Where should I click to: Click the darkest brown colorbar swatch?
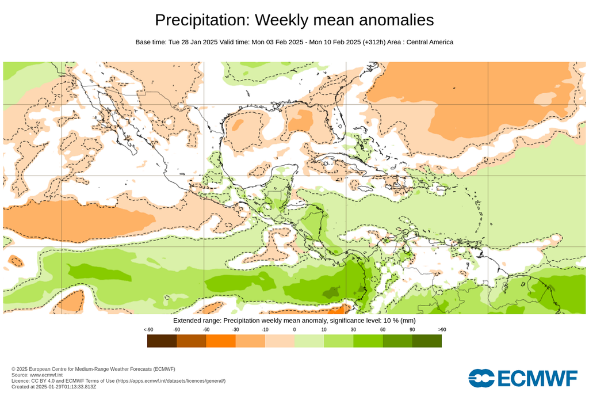162,341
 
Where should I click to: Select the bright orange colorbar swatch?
220,341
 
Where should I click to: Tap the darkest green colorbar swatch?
427,341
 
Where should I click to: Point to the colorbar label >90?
442,329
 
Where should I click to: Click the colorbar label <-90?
148,329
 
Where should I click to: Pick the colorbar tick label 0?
294,329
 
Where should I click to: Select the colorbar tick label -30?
235,329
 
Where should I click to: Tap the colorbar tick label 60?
383,329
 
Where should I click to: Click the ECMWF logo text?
537,379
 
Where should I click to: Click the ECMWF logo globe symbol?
481,378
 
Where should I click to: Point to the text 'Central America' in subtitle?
430,42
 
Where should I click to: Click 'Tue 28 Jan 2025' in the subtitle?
193,42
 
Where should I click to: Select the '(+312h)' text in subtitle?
374,42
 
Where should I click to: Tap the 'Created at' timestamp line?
53,386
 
